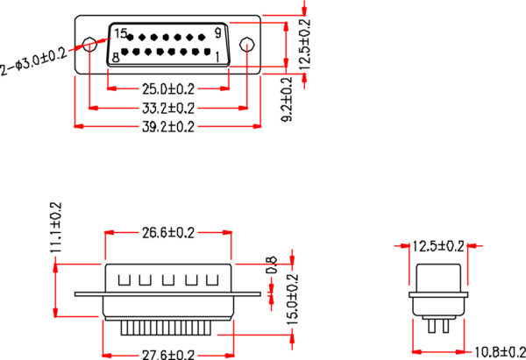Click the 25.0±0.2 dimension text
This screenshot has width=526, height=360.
[168, 88]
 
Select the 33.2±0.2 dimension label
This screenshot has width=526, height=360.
[168, 108]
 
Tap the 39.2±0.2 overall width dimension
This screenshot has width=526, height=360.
[168, 127]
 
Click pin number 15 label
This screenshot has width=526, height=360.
[121, 34]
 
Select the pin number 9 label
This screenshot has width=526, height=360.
[217, 34]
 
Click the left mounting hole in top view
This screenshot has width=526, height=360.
[89, 45]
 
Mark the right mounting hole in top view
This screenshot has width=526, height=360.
[247, 45]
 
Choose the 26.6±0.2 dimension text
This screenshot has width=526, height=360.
[168, 233]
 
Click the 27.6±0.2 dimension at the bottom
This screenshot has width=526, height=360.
[168, 354]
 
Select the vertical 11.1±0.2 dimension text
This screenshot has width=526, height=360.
[56, 227]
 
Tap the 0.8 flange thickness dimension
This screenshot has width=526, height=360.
[272, 264]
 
